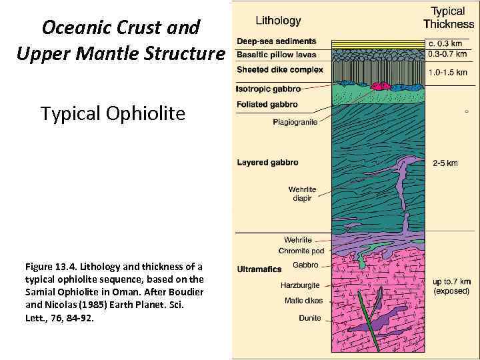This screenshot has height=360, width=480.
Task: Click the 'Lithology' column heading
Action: (279, 21)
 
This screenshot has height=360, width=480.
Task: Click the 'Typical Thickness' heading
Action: (448, 17)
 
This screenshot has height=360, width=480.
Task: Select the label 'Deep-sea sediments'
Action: (276, 42)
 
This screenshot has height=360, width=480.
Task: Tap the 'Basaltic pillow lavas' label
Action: (277, 54)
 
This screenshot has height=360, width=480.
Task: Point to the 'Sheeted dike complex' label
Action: (280, 69)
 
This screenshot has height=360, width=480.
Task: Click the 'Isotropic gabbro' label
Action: (269, 88)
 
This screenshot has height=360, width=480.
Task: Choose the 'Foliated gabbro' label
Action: (267, 105)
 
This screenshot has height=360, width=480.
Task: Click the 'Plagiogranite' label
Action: (295, 122)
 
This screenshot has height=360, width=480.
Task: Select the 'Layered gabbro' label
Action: (267, 162)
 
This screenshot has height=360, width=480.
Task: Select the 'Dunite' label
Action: (309, 318)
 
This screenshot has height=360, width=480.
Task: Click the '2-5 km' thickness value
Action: (445, 163)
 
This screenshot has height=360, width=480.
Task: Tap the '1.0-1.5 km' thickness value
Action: (447, 73)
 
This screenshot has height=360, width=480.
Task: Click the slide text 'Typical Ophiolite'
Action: (113, 114)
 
